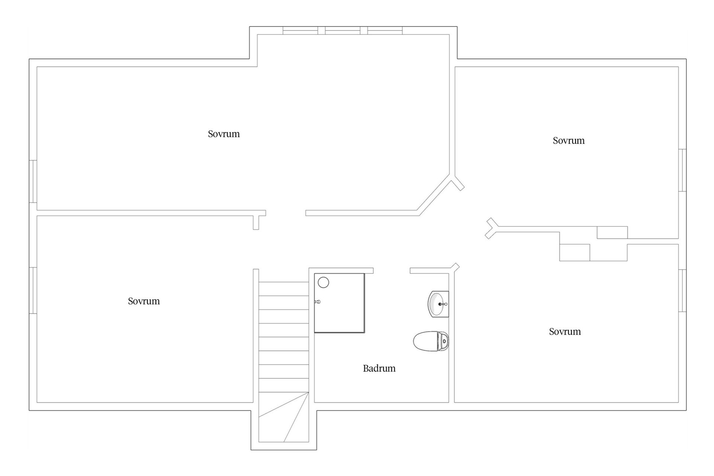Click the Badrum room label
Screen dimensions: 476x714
click(x=379, y=368)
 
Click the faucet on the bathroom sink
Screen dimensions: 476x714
click(x=443, y=304)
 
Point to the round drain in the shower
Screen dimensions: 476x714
click(x=323, y=282)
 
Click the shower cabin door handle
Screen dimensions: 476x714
click(x=317, y=302)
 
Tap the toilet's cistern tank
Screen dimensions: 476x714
click(x=444, y=341)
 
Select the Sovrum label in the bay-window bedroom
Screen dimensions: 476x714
click(x=223, y=134)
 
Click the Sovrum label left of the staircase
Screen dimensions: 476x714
click(x=144, y=301)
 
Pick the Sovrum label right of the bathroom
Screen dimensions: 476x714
click(x=565, y=331)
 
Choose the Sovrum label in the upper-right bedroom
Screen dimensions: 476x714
click(x=568, y=141)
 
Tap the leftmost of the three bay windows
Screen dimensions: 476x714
click(x=300, y=30)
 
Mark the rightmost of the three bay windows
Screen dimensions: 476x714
click(x=385, y=30)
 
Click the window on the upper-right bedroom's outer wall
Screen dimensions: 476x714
click(x=682, y=170)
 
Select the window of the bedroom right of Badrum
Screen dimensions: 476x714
click(x=682, y=290)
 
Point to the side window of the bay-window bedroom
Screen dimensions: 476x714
click(x=33, y=181)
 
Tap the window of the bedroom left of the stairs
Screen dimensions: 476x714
click(x=33, y=290)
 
